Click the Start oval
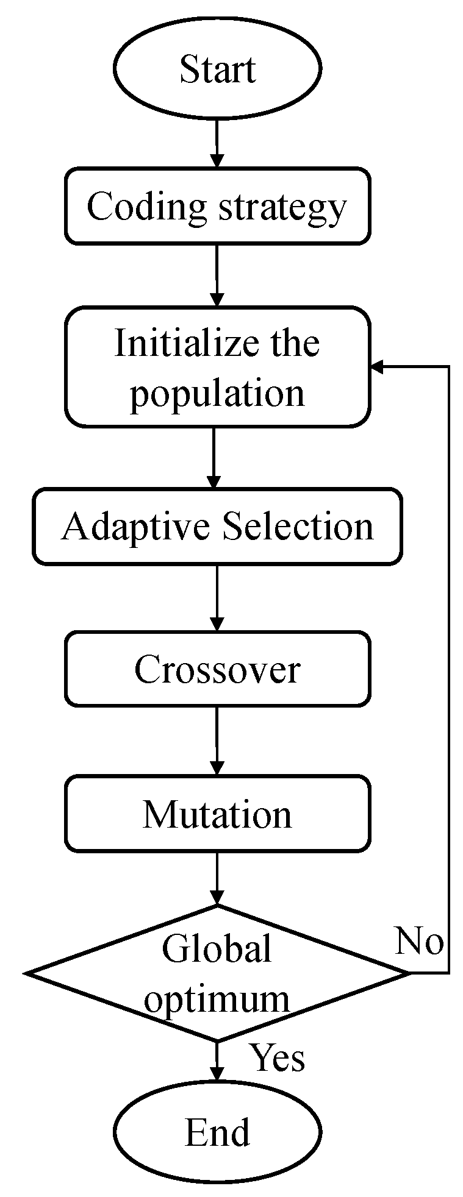click(x=217, y=68)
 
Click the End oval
click(x=217, y=1132)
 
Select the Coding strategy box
click(x=217, y=207)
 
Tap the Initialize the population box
click(x=217, y=367)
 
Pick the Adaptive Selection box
click(x=217, y=526)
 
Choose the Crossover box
click(x=217, y=669)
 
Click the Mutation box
click(x=217, y=814)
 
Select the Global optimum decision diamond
click(x=217, y=973)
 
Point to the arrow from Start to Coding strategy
click(x=217, y=144)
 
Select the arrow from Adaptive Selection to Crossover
click(x=217, y=598)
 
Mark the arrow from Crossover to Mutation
click(x=217, y=741)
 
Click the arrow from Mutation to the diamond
click(x=217, y=878)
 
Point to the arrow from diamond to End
click(x=217, y=1064)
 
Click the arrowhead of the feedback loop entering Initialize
click(x=377, y=367)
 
